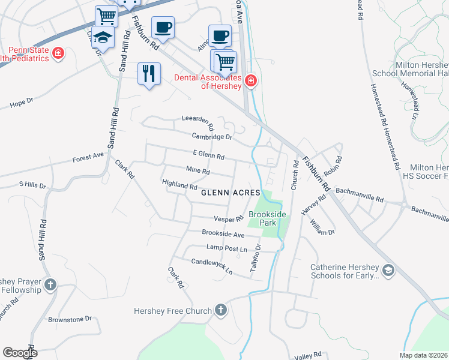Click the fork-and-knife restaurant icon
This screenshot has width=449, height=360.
click(x=148, y=74)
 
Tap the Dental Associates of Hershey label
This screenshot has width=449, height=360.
click(x=208, y=81)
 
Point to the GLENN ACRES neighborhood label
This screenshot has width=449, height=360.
click(x=231, y=193)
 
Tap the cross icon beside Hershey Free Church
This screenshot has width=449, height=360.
click(x=221, y=310)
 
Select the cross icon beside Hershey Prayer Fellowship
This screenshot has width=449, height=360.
click(x=50, y=284)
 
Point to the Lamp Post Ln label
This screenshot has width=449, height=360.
click(x=226, y=248)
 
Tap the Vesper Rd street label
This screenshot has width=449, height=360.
click(x=228, y=219)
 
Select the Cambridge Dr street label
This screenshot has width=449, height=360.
click(x=212, y=137)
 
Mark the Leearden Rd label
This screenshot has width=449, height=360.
click(x=198, y=123)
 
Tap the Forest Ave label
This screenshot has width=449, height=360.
click(x=88, y=158)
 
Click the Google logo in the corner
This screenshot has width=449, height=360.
click(x=20, y=352)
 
